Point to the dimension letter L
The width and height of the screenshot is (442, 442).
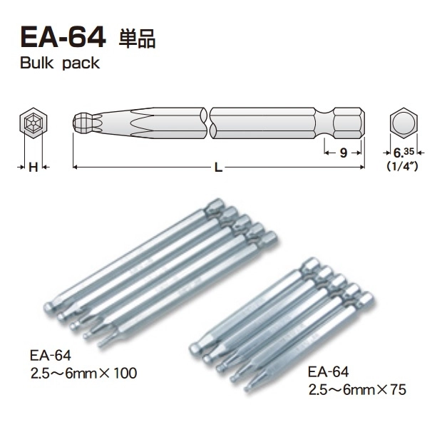coord(218,168)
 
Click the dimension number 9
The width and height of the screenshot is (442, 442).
coord(343,152)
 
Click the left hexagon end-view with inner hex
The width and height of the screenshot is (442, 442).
coord(32,127)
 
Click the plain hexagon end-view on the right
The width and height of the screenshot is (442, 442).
coord(404,125)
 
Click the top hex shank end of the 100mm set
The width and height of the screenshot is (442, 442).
coord(213,207)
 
